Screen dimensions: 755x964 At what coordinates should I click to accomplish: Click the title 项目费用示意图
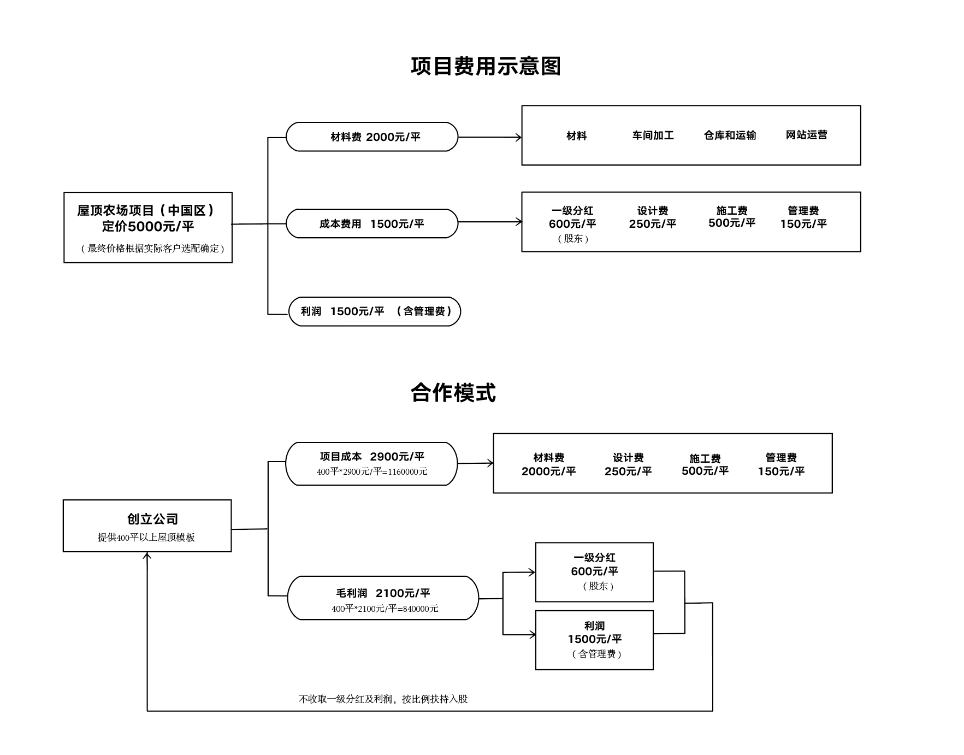coord(486,66)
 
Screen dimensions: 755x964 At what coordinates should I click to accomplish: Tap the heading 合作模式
coord(453,393)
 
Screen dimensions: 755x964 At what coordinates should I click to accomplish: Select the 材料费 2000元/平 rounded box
coord(372,137)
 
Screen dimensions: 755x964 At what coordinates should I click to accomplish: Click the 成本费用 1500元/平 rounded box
coord(372,223)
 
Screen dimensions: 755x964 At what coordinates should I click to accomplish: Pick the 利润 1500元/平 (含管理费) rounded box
coord(375,311)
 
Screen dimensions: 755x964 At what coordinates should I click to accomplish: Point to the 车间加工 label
coord(653,135)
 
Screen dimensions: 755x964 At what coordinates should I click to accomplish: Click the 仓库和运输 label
coord(730,135)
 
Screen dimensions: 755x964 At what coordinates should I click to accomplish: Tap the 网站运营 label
coord(806,135)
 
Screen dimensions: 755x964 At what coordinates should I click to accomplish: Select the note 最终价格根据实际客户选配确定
coord(153,249)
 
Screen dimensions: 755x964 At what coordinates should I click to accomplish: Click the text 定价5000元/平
coord(148,226)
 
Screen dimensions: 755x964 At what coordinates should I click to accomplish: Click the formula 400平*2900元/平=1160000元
coord(372,471)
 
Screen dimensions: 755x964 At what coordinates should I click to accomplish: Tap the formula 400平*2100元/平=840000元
coord(385,609)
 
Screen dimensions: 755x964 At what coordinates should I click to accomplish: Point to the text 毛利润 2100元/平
coord(383,593)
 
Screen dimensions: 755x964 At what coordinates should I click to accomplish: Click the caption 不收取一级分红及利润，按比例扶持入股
coord(383,699)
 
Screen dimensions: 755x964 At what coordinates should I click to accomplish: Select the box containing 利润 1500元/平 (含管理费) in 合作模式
coord(594,640)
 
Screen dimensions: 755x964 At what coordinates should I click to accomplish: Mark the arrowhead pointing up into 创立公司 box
coord(147,556)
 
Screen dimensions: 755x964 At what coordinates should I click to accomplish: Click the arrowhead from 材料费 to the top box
coord(518,137)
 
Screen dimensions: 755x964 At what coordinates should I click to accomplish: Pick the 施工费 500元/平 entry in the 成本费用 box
coord(731,217)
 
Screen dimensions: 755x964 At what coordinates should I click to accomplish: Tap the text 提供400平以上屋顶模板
coord(146,537)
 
